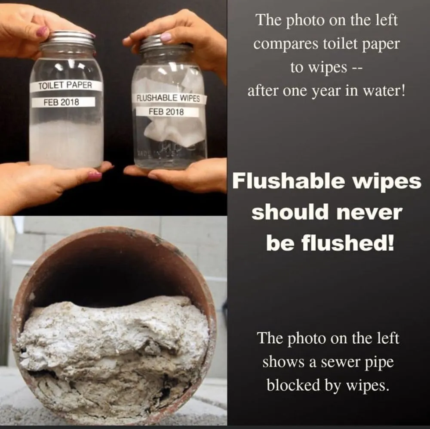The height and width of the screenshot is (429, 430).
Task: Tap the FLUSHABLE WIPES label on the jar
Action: tap(169, 98)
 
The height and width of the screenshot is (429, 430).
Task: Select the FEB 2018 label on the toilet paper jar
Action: tap(61, 102)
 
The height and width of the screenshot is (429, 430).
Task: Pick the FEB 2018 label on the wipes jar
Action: tap(166, 112)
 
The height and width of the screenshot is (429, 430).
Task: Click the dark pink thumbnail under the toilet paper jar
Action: tap(95, 176)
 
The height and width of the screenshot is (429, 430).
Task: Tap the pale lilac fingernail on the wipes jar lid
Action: tap(166, 37)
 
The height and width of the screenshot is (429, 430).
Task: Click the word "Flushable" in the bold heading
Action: tap(288, 181)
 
